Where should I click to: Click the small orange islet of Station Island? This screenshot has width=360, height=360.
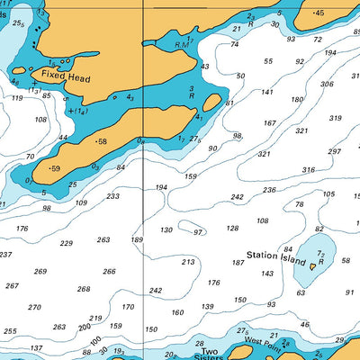point(313,265)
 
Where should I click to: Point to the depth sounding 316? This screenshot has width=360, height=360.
point(309,169)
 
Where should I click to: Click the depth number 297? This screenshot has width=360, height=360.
point(335,151)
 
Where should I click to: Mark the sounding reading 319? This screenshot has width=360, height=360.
point(335,118)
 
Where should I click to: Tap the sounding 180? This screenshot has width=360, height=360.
point(297,100)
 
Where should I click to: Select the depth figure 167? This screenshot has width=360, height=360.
point(269,123)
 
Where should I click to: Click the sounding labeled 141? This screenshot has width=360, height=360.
point(267,92)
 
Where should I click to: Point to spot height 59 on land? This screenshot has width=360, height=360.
point(55,168)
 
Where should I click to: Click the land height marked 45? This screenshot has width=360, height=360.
point(319,13)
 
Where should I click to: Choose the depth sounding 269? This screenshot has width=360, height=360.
point(40,271)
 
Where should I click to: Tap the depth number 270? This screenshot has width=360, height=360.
point(34,307)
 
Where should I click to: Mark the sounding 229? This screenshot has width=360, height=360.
point(67,243)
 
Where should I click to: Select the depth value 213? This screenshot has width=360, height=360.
point(187,262)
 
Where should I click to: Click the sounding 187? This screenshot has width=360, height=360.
point(238,263)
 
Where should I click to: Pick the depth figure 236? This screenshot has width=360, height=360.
point(269,190)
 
